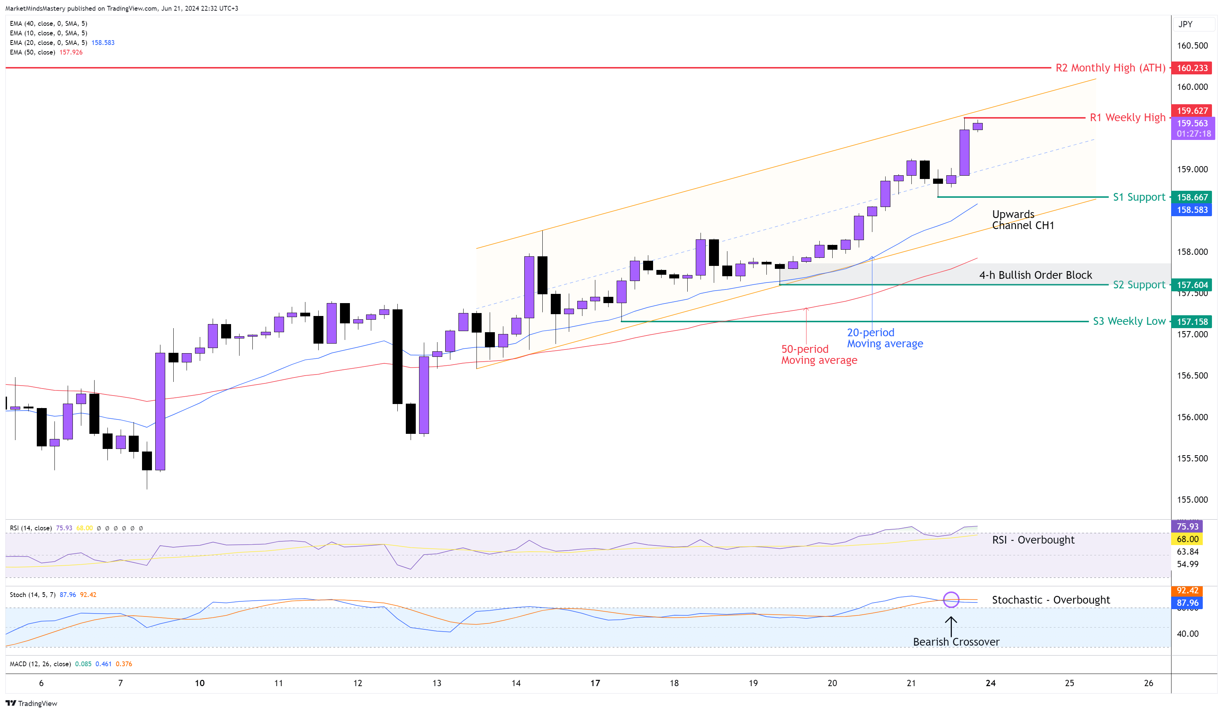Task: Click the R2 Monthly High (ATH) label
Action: click(1110, 68)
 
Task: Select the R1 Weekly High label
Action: click(1127, 117)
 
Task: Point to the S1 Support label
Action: click(1138, 197)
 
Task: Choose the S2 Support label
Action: click(1138, 285)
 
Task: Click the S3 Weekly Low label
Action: click(1128, 321)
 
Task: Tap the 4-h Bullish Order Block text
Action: click(1035, 275)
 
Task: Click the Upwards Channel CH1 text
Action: click(1022, 219)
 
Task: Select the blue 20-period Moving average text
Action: click(885, 338)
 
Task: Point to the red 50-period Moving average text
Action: click(819, 355)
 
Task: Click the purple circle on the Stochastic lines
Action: click(951, 600)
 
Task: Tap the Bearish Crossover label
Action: click(956, 642)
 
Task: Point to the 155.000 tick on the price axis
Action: click(1192, 500)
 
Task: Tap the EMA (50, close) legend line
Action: click(46, 52)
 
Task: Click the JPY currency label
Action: click(1185, 24)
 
